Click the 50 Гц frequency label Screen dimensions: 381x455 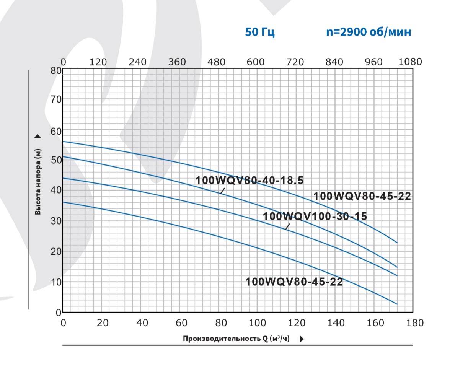[260, 32]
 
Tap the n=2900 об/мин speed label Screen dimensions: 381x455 [369, 32]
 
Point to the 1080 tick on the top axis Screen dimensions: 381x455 [410, 62]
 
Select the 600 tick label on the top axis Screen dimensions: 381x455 [255, 62]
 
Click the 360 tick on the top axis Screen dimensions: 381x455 [177, 62]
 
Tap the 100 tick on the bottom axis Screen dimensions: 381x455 [258, 323]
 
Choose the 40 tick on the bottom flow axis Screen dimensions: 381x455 [142, 323]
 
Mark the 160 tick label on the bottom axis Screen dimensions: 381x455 [375, 323]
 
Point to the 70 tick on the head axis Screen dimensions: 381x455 [56, 99]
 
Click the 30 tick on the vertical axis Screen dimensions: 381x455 [56, 221]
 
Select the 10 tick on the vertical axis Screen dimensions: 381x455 [56, 282]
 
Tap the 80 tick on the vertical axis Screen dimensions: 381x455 [56, 70]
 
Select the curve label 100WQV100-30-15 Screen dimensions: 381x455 [315, 217]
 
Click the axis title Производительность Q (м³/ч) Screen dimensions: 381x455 [236, 339]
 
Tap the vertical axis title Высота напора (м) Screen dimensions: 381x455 [38, 181]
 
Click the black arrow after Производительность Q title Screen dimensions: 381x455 [302, 339]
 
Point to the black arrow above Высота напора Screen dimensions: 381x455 [38, 137]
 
